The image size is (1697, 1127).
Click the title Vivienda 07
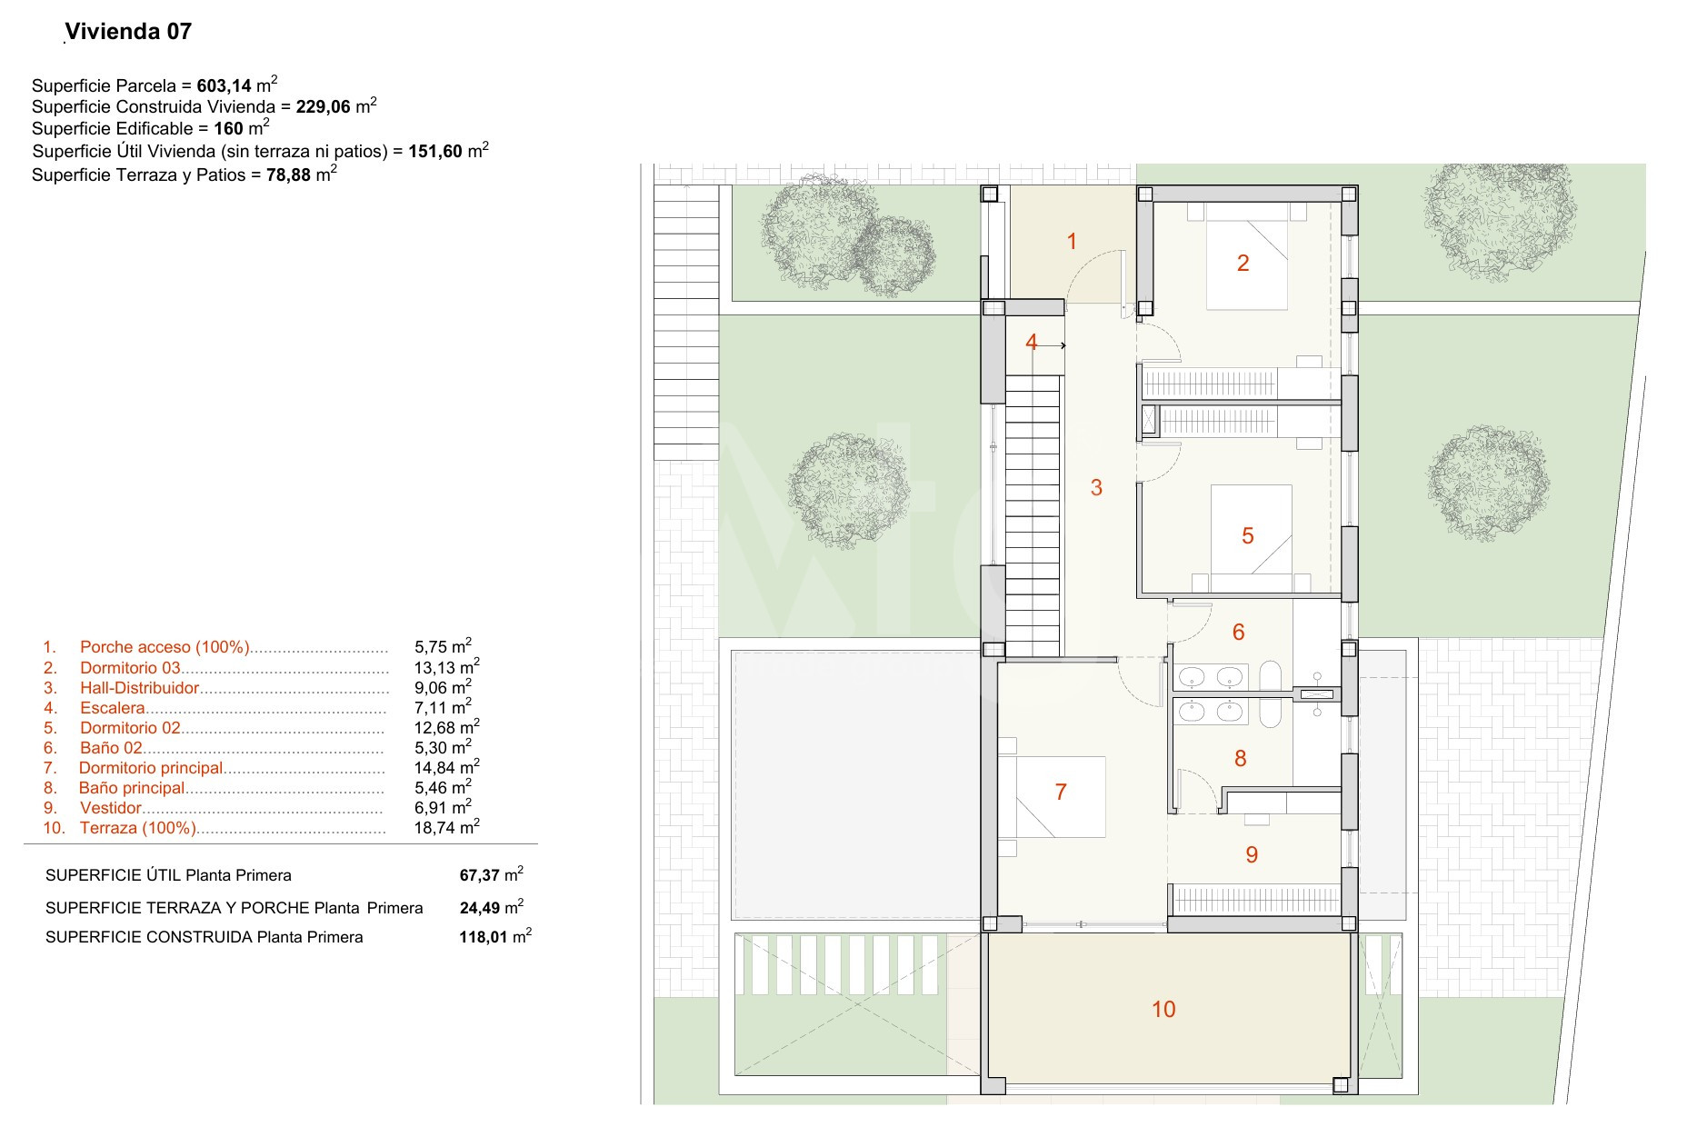coord(129,32)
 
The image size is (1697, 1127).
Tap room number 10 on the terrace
coord(1163,1009)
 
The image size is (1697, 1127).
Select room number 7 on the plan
coord(1061,792)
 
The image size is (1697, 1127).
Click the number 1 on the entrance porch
coord(1072,241)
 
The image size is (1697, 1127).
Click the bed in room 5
coord(1253,529)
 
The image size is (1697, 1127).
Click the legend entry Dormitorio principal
coord(151,768)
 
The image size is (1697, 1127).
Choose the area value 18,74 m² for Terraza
coord(446,826)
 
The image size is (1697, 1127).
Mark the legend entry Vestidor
coord(111,808)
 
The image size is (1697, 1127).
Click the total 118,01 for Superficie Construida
coord(480,937)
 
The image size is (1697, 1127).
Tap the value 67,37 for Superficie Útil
coord(480,875)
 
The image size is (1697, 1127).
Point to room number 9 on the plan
coord(1252,854)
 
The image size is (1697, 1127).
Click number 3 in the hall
coord(1096,488)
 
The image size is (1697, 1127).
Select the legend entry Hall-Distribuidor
coord(139,688)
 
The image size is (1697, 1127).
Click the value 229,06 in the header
coord(324,106)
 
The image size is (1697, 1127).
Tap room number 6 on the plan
coord(1238,632)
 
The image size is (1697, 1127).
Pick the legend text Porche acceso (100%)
coord(165,647)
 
